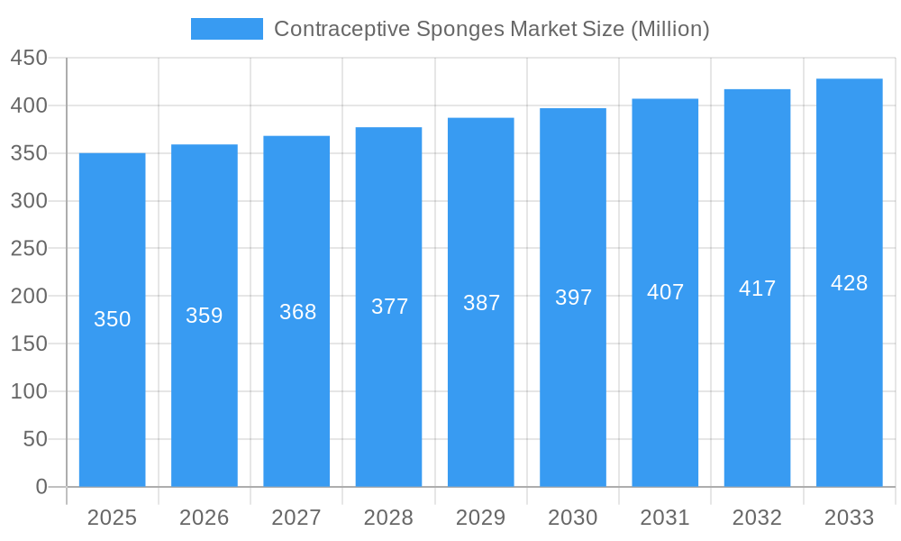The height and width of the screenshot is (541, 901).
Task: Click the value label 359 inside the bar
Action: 205,316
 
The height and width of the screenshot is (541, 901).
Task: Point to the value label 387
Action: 481,303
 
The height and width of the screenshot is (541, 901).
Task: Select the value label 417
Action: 757,289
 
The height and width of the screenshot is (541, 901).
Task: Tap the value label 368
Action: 297,312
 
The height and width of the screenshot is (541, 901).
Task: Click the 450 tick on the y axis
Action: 29,58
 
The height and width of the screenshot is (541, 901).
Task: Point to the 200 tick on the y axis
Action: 29,296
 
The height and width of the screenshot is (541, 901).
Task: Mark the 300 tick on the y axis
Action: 29,201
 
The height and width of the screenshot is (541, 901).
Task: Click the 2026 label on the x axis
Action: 205,518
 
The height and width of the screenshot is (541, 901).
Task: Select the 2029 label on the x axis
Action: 481,518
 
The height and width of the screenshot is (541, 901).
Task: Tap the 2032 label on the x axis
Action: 757,518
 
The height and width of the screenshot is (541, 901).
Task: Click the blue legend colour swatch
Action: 227,29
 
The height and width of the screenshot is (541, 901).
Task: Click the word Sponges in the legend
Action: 460,29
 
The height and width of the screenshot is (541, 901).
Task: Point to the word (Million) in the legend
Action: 669,29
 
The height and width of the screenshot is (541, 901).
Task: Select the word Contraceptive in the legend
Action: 341,29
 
